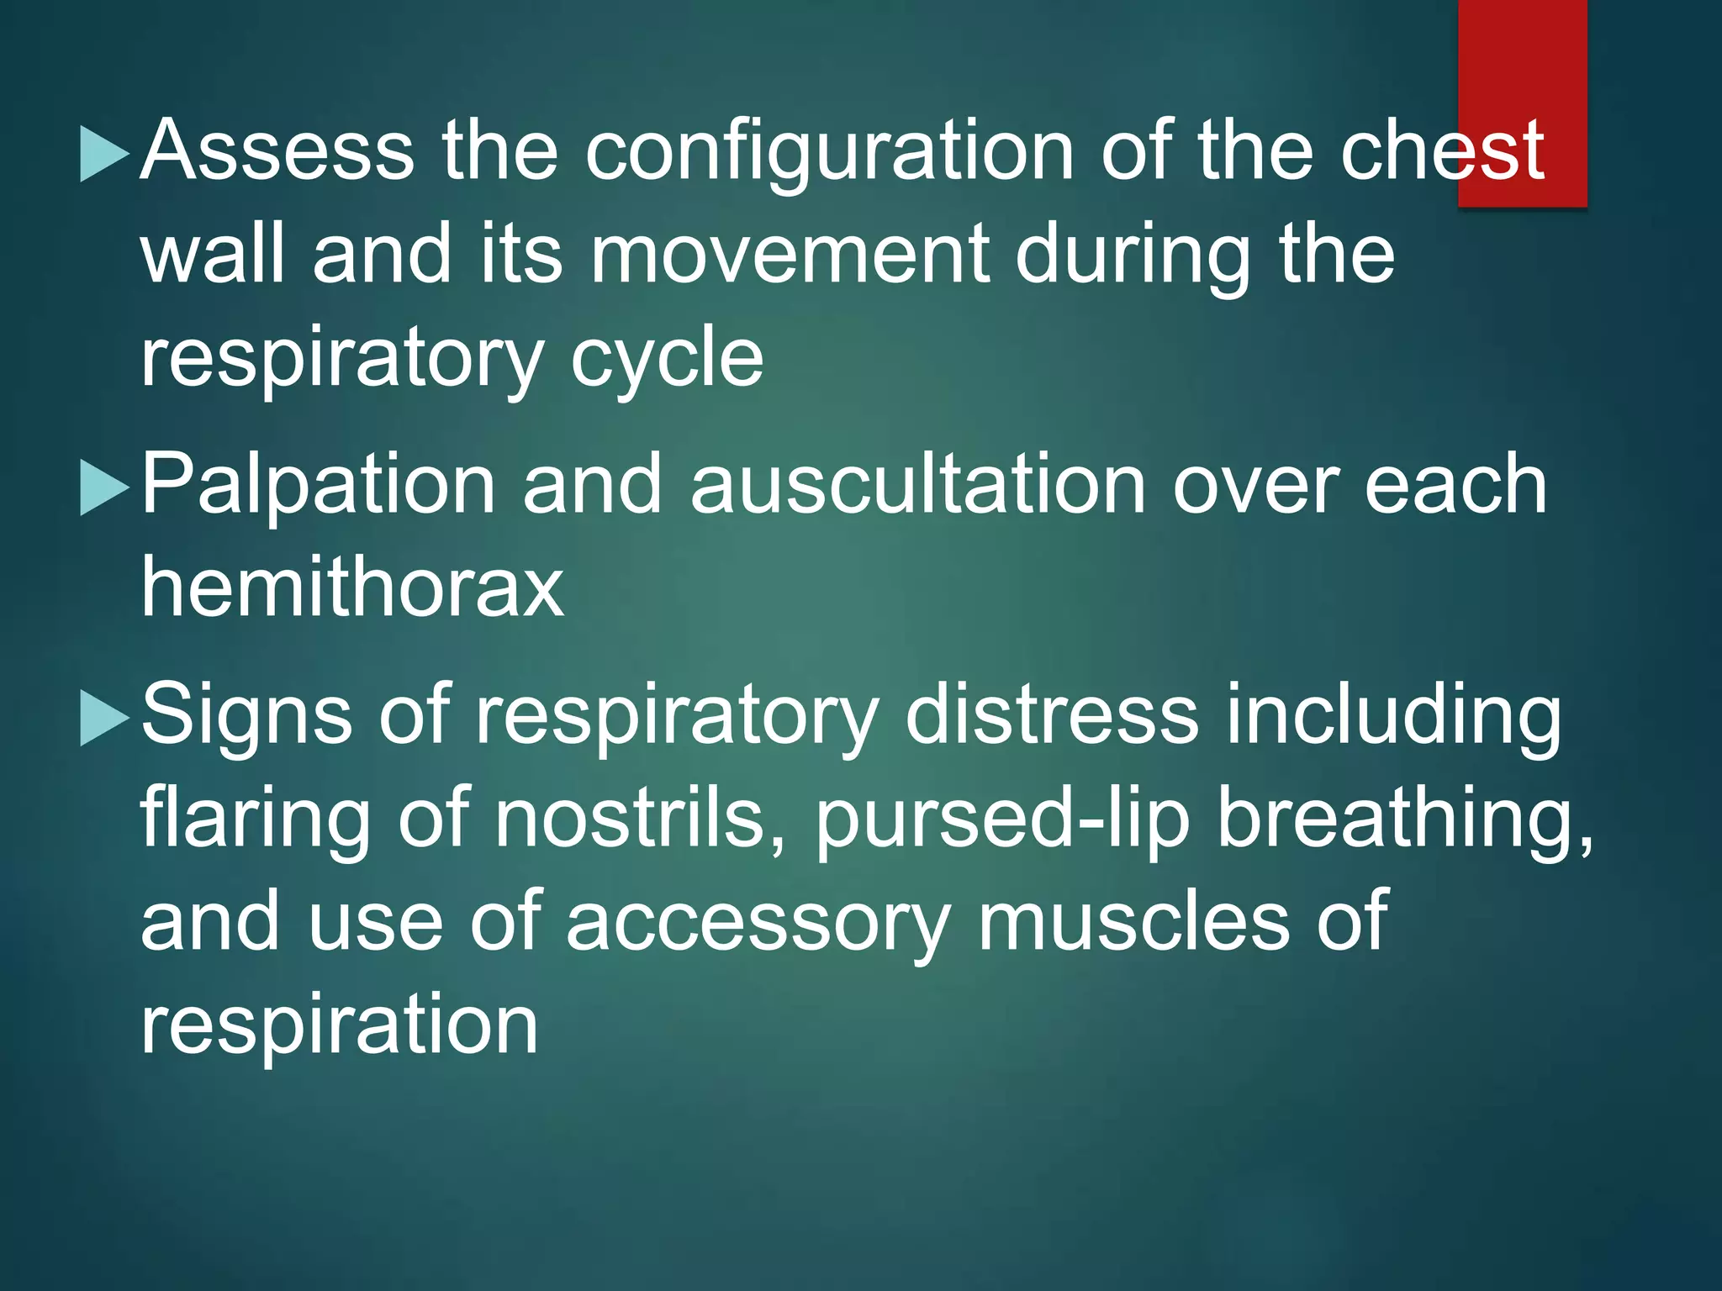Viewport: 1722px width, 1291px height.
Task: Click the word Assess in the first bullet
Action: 277,151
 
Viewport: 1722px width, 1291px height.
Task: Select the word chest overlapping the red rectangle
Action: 1441,151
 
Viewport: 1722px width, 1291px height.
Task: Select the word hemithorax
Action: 351,588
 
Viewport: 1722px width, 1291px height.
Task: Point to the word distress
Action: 1051,715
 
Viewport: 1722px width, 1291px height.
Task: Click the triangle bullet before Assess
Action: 104,154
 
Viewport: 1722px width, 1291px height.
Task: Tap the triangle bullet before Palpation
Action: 104,487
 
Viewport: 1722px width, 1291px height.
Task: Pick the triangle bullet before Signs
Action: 104,718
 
